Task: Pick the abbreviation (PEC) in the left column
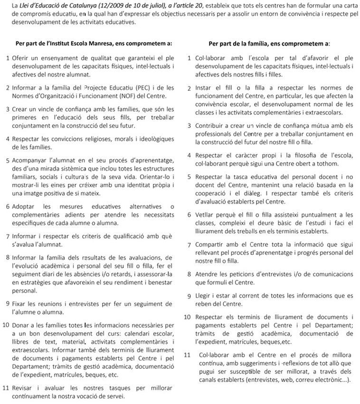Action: (x=144, y=87)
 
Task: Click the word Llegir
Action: (x=204, y=296)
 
